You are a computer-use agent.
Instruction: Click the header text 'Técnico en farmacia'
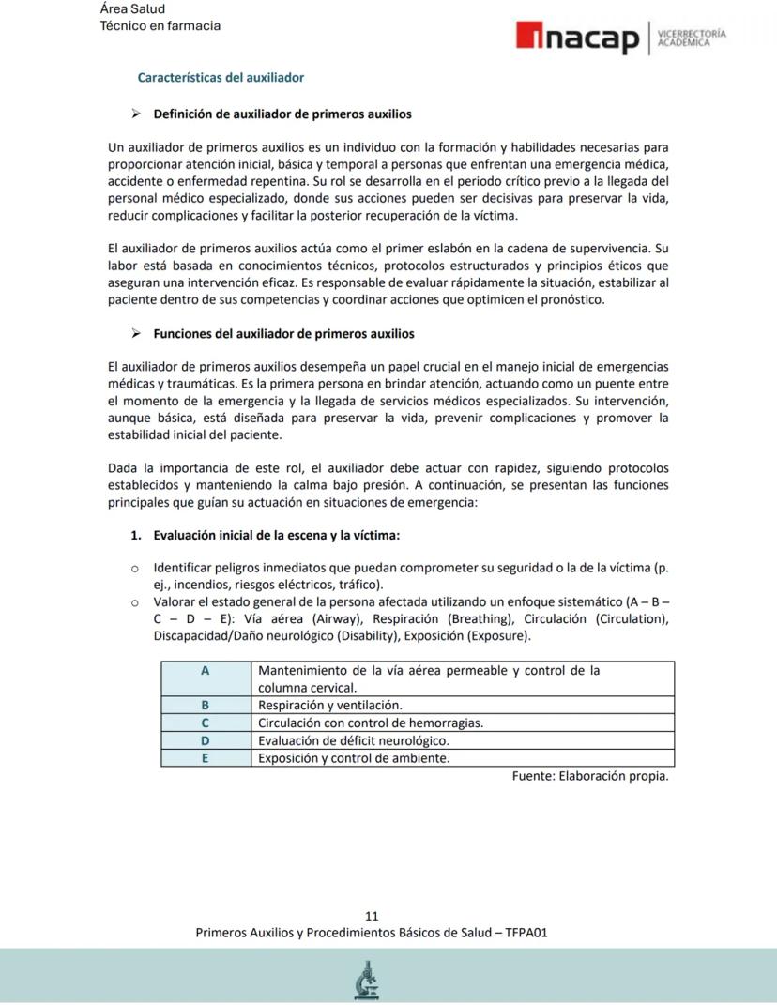pyautogui.click(x=160, y=25)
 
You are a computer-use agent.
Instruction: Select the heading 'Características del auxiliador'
pyautogui.click(x=221, y=77)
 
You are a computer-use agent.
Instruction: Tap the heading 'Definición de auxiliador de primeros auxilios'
pyautogui.click(x=282, y=114)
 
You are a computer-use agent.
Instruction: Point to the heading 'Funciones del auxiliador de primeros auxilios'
pyautogui.click(x=283, y=333)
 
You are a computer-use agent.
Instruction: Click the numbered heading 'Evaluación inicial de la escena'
pyautogui.click(x=277, y=535)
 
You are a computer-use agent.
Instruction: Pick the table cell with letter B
pyautogui.click(x=205, y=705)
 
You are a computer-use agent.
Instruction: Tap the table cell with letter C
pyautogui.click(x=205, y=723)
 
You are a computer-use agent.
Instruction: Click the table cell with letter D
pyautogui.click(x=205, y=740)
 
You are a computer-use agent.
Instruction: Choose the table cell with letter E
pyautogui.click(x=205, y=758)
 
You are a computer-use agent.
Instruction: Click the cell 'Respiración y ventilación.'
pyautogui.click(x=330, y=705)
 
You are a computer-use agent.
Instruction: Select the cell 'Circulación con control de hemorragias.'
pyautogui.click(x=371, y=723)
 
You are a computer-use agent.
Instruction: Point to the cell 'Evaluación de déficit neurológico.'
pyautogui.click(x=359, y=740)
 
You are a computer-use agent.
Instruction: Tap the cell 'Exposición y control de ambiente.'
pyautogui.click(x=354, y=758)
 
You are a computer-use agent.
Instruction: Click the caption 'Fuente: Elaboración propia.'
pyautogui.click(x=590, y=776)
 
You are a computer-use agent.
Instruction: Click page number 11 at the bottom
pyautogui.click(x=372, y=916)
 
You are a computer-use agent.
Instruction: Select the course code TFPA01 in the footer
pyautogui.click(x=526, y=933)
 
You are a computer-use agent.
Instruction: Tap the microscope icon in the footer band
pyautogui.click(x=367, y=980)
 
